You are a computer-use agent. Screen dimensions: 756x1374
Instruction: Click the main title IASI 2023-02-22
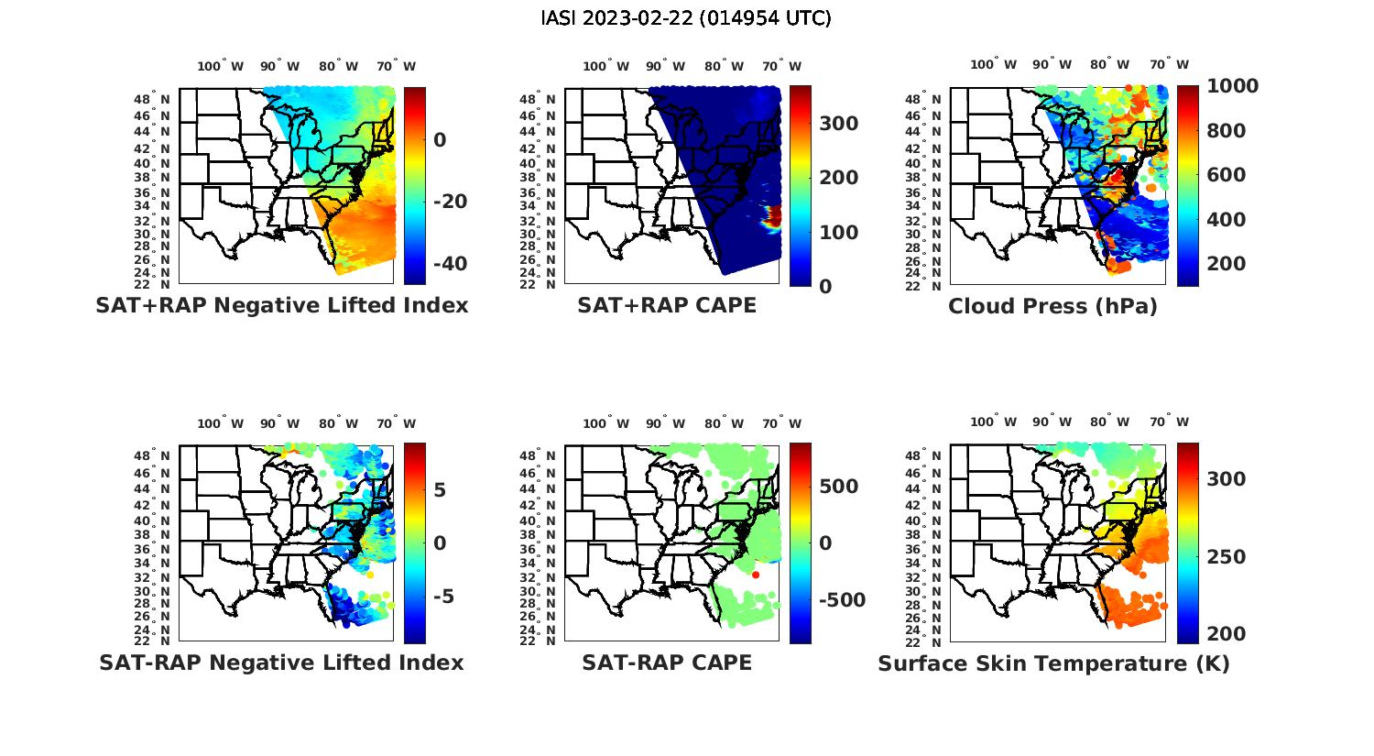tap(686, 18)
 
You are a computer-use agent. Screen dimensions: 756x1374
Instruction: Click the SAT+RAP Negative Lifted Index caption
tap(281, 306)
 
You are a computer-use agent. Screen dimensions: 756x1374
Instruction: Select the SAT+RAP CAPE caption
tap(666, 306)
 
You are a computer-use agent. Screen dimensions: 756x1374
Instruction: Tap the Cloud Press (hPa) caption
tap(1052, 307)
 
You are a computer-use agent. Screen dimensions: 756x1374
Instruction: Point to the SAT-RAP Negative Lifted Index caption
tap(281, 663)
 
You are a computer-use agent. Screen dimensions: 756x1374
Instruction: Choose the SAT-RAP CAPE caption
tap(666, 663)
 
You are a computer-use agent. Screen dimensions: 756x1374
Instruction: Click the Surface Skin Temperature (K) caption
tap(1053, 663)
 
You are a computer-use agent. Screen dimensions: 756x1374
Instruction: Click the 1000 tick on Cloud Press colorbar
tap(1232, 86)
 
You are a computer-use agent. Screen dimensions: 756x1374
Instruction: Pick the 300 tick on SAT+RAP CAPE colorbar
tap(838, 124)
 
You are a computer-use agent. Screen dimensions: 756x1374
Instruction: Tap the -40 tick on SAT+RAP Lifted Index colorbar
tap(449, 264)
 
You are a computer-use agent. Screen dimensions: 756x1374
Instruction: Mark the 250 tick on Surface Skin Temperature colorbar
tap(1227, 557)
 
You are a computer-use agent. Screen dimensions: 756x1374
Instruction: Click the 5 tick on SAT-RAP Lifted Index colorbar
tap(440, 490)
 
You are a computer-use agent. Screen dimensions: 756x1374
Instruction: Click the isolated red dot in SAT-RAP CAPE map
tap(756, 575)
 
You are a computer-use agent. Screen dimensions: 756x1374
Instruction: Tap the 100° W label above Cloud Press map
tap(993, 65)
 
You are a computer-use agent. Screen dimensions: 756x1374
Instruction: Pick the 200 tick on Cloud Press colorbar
tap(1227, 264)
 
